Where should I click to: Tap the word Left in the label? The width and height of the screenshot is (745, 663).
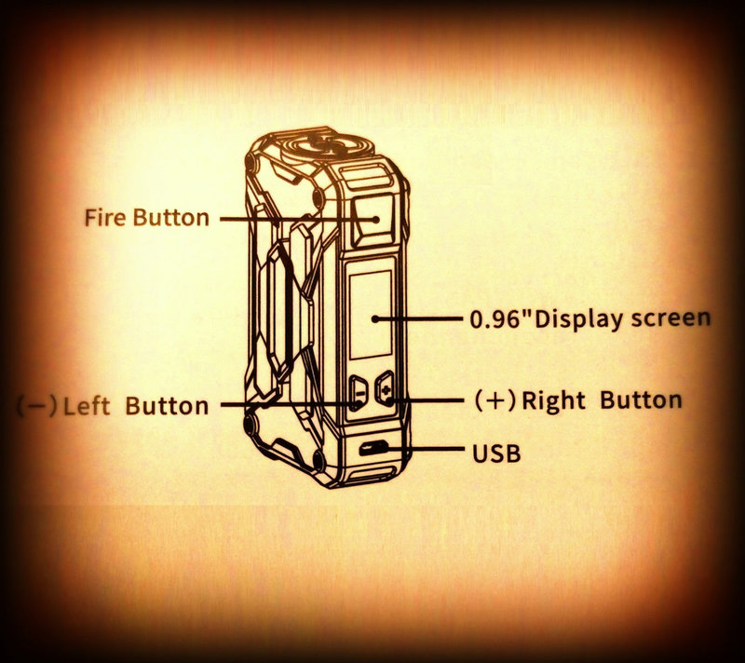click(87, 407)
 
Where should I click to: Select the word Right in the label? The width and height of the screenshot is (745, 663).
click(553, 401)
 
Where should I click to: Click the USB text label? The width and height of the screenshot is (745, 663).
click(496, 453)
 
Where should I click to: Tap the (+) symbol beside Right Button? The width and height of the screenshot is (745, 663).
click(495, 400)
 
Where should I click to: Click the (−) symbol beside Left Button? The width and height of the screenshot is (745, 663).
click(37, 406)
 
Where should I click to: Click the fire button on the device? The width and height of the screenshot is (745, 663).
click(373, 220)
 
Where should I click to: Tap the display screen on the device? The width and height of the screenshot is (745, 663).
click(371, 315)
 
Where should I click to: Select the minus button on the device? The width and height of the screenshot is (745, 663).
click(359, 393)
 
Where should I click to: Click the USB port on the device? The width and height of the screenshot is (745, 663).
click(373, 448)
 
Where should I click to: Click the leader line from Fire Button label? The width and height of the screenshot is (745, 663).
click(299, 220)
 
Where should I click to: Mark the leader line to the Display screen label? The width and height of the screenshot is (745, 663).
click(417, 318)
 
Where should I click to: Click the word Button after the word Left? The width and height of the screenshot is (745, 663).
click(167, 407)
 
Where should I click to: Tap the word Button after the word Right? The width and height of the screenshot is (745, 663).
click(641, 400)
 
